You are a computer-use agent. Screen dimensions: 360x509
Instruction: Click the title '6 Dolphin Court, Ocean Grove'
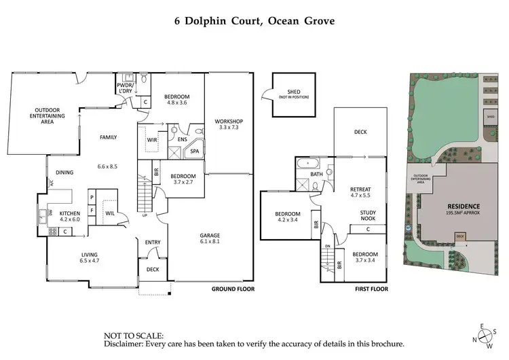(254, 20)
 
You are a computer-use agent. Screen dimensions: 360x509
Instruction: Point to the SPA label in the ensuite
(195, 151)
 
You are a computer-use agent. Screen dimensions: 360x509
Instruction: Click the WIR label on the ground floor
(151, 140)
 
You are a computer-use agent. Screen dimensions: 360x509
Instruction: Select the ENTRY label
(153, 241)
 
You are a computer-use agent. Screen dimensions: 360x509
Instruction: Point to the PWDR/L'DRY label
(125, 88)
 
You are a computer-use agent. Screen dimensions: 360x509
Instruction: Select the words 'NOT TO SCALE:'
(133, 336)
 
